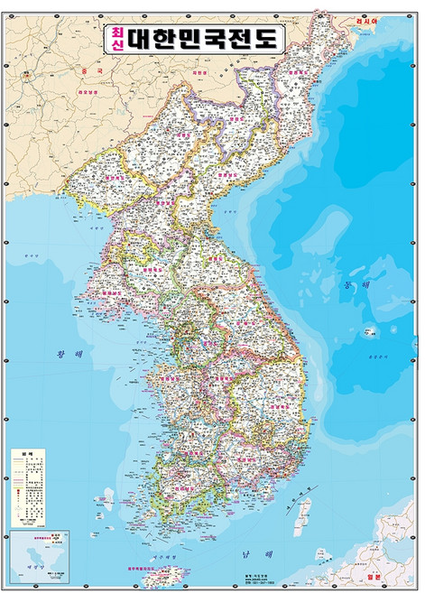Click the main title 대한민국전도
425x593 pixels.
point(207,39)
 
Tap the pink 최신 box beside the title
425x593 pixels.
point(117,39)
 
